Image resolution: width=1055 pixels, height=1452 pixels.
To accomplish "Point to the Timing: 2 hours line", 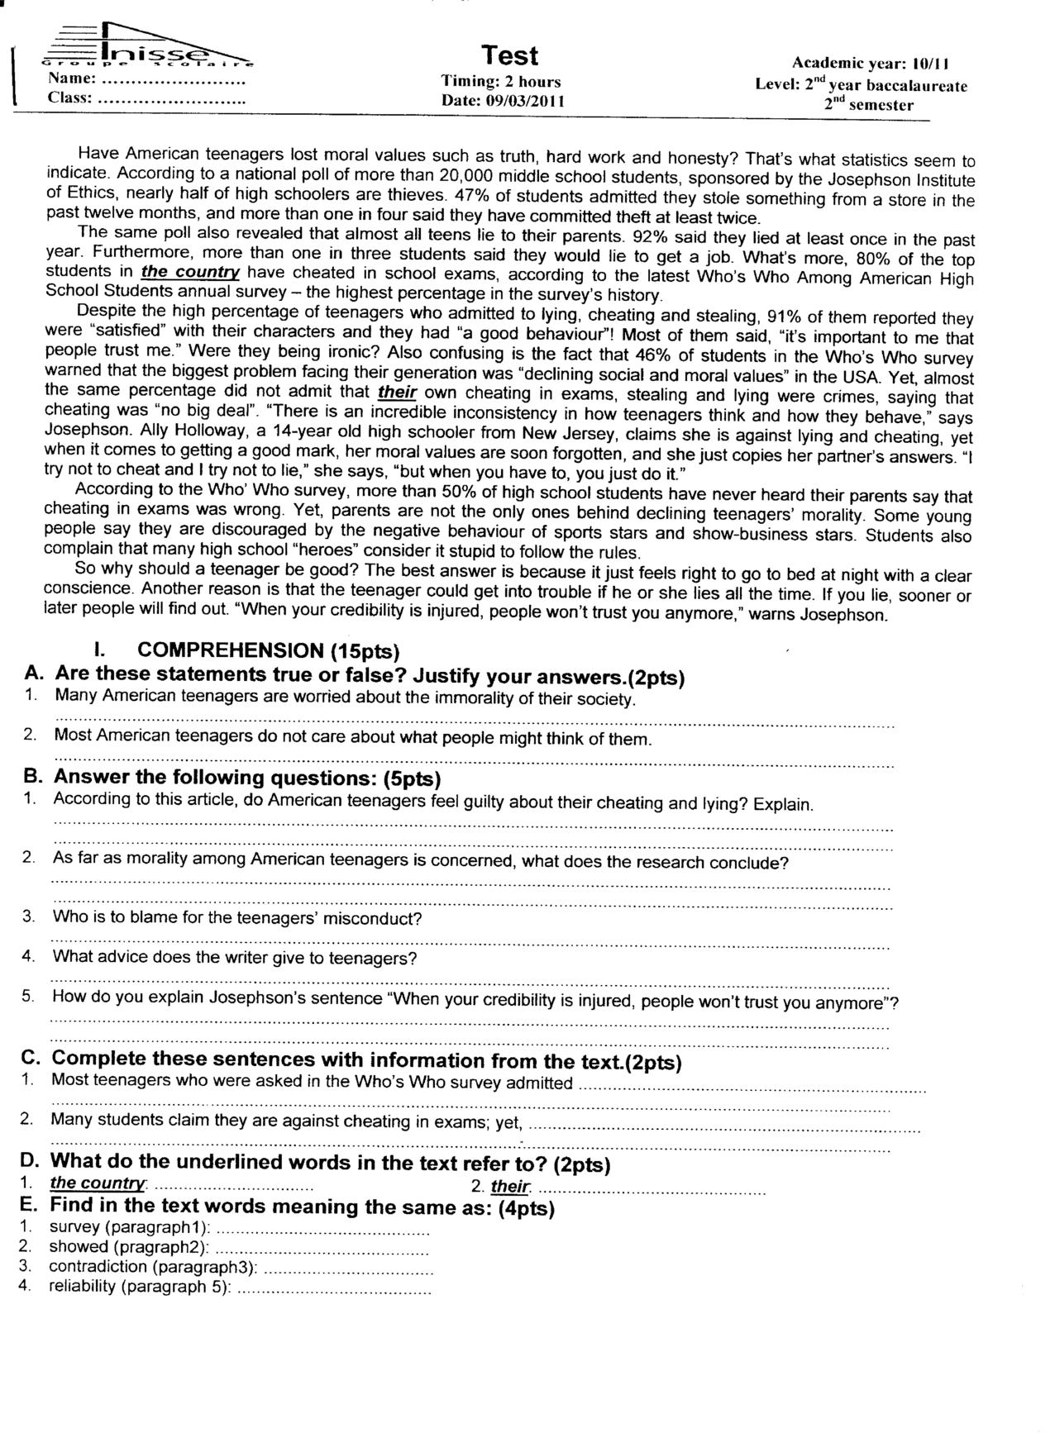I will (501, 82).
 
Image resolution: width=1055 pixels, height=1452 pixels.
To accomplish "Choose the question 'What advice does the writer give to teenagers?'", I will (235, 959).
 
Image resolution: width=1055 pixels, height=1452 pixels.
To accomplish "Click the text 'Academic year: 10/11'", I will (871, 63).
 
